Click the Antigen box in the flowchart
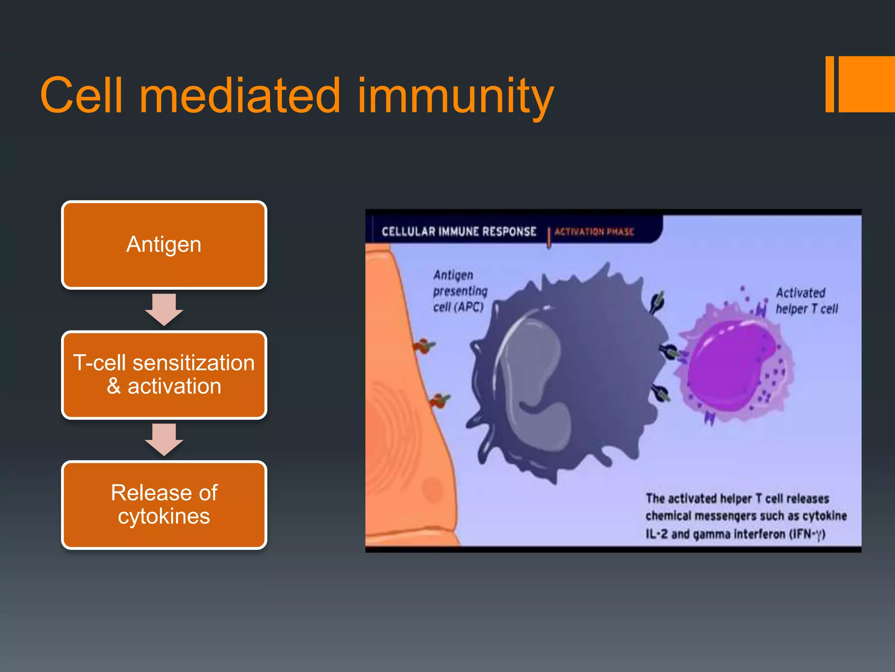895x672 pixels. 164,245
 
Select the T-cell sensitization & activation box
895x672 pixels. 164,375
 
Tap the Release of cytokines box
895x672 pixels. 164,504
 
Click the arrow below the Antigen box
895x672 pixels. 164,309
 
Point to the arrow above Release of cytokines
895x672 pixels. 164,439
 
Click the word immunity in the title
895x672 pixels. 455,95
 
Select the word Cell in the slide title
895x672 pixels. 81,95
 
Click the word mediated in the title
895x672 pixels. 239,95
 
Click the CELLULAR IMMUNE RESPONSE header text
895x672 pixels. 459,231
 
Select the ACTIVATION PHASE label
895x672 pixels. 594,231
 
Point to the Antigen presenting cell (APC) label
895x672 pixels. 460,291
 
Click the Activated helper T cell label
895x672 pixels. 806,301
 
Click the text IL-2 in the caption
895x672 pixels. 657,534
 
